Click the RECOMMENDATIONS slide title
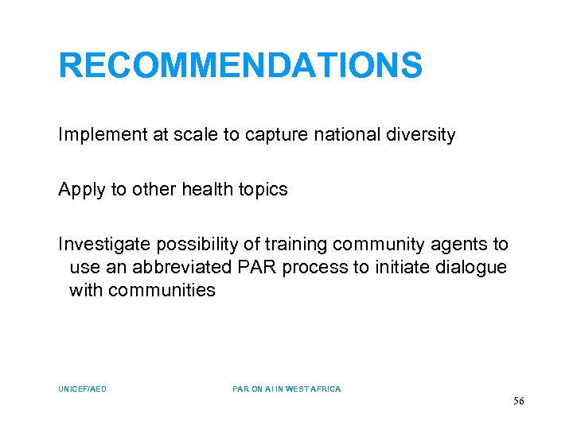[240, 66]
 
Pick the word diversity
[419, 135]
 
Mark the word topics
[262, 190]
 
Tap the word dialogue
[471, 268]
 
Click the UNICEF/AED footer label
[82, 389]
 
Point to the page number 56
[518, 402]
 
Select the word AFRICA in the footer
[325, 389]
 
